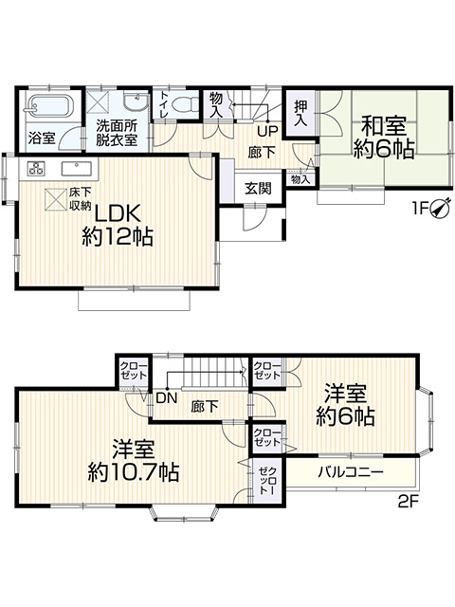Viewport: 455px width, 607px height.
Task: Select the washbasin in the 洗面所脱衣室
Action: tap(136, 102)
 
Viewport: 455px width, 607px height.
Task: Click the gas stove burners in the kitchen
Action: tap(37, 168)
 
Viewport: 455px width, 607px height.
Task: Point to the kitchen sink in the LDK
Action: tap(77, 169)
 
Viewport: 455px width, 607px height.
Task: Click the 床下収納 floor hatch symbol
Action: tap(55, 199)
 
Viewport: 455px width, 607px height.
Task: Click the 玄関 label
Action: tap(258, 189)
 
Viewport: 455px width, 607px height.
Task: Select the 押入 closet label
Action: tap(300, 113)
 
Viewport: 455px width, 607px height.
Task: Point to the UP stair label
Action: tap(267, 131)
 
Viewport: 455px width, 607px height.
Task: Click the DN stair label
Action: tap(167, 397)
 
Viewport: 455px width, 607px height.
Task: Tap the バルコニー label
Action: tap(351, 472)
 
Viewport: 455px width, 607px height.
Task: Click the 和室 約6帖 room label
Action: tap(383, 138)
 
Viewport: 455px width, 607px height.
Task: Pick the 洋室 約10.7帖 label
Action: tap(134, 460)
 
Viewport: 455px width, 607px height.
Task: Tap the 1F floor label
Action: tap(420, 209)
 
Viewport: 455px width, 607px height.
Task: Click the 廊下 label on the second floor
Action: tap(205, 406)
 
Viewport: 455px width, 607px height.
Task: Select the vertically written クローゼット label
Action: tap(267, 481)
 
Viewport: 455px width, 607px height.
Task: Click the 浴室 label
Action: tap(42, 138)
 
